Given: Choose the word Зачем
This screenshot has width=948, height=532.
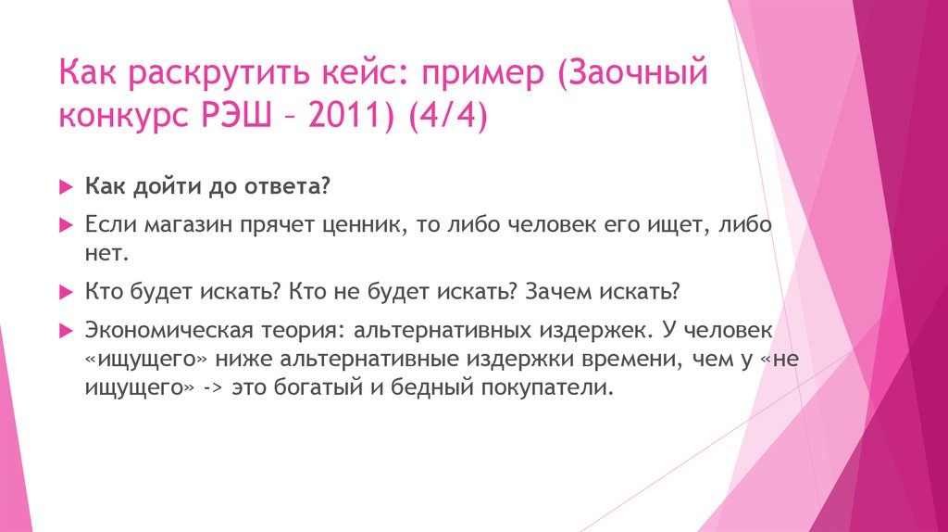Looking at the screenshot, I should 557,291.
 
